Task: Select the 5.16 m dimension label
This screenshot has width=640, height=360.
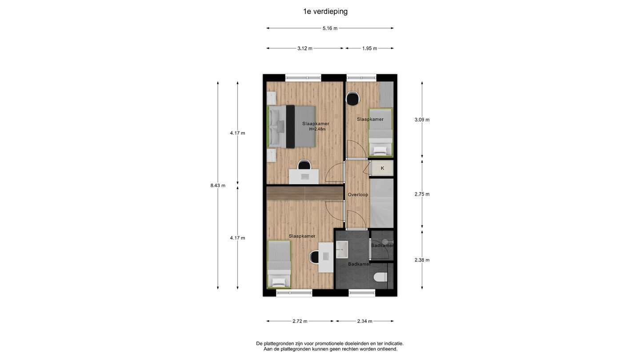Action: [x=330, y=28]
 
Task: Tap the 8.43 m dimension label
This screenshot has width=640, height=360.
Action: [x=218, y=185]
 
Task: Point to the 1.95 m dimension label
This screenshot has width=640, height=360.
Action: [x=369, y=48]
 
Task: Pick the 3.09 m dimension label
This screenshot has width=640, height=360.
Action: [x=422, y=120]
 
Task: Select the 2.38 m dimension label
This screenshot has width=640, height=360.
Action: [x=422, y=260]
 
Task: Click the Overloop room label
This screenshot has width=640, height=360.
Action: [x=358, y=195]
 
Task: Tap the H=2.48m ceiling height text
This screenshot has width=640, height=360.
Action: [x=317, y=129]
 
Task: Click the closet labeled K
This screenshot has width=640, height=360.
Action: [x=382, y=168]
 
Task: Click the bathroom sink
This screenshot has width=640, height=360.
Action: [x=342, y=250]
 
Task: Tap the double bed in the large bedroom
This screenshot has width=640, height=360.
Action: [x=291, y=127]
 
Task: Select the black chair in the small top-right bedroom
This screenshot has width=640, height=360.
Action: [x=352, y=98]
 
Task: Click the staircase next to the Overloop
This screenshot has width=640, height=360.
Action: [x=382, y=202]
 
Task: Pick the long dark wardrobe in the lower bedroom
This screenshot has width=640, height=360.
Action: [x=305, y=193]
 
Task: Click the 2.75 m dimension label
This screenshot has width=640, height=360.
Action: [x=422, y=194]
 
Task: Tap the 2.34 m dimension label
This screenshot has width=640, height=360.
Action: [x=364, y=321]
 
